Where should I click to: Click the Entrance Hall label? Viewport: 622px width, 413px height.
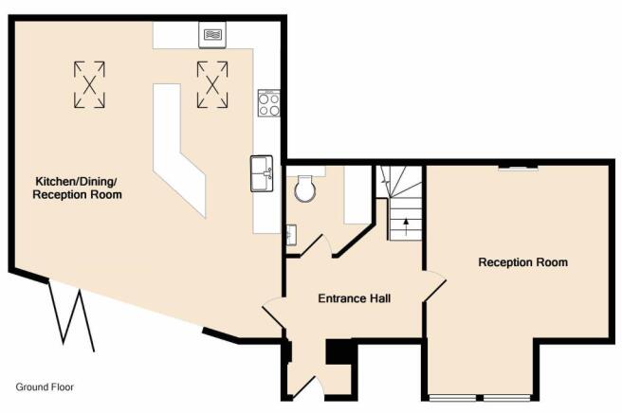point(355,298)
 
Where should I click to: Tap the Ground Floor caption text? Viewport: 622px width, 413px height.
point(45,386)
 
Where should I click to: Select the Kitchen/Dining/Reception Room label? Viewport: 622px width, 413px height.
point(77,188)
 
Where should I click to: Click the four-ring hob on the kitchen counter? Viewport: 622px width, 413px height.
point(269,103)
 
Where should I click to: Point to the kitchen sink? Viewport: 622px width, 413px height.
point(262,173)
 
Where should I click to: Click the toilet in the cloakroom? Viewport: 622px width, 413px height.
point(306,189)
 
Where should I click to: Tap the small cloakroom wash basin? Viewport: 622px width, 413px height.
point(292,235)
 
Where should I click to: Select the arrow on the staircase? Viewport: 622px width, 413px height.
point(406,226)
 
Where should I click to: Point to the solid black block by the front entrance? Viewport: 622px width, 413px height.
point(339,351)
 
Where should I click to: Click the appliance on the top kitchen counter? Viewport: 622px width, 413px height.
point(212,35)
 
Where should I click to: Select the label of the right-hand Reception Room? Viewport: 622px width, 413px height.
point(522,262)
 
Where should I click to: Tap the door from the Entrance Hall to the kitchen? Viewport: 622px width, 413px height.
point(272,313)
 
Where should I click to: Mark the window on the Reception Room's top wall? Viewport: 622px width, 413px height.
point(518,168)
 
